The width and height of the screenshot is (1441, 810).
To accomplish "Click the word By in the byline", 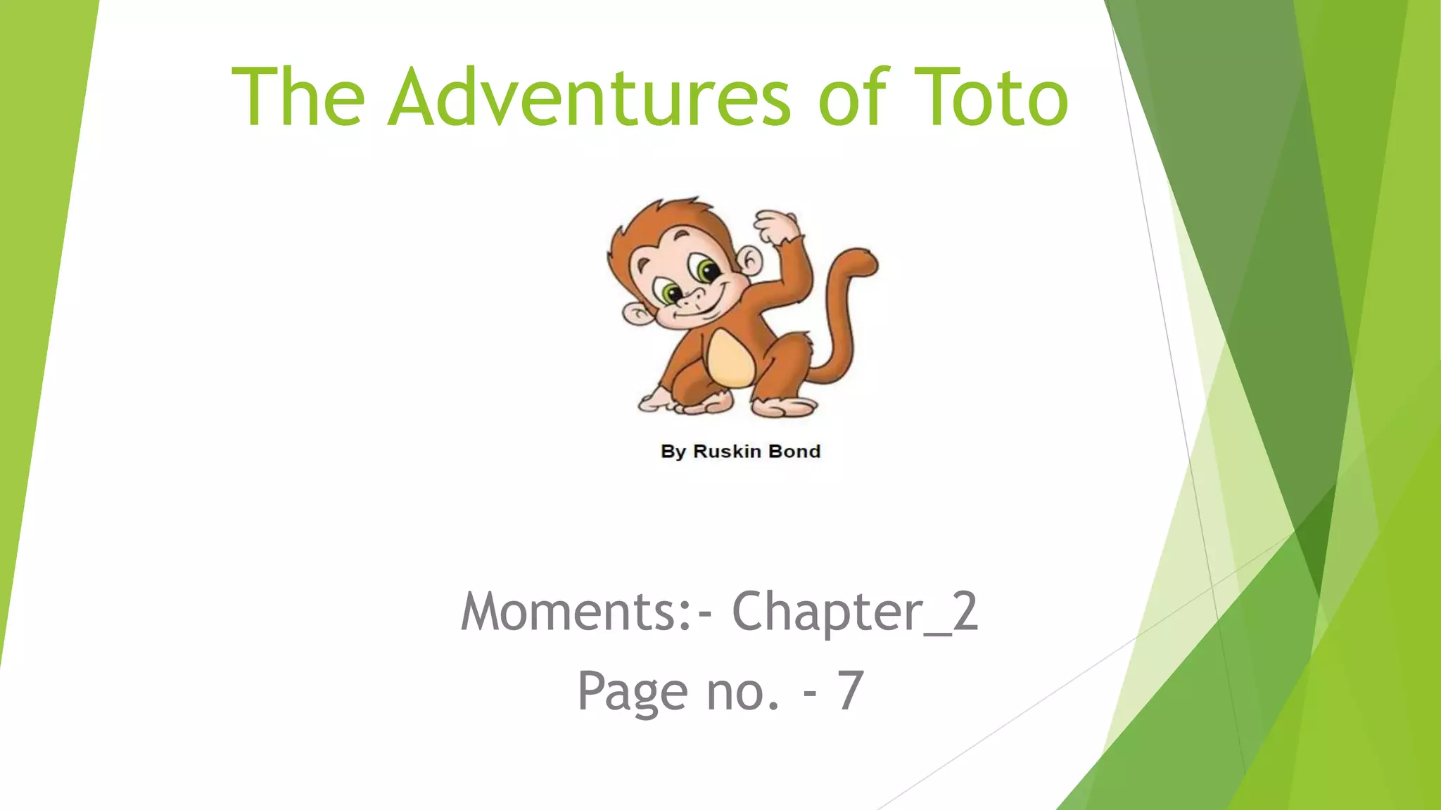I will click(x=673, y=451).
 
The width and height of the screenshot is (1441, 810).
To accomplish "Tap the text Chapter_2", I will click(x=855, y=612).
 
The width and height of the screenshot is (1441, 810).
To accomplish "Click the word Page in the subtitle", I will click(x=631, y=692).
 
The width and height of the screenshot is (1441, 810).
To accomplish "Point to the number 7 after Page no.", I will click(x=850, y=692).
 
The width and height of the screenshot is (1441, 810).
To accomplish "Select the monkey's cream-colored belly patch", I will click(x=730, y=359).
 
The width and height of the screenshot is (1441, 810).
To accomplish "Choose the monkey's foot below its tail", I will click(x=785, y=406).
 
